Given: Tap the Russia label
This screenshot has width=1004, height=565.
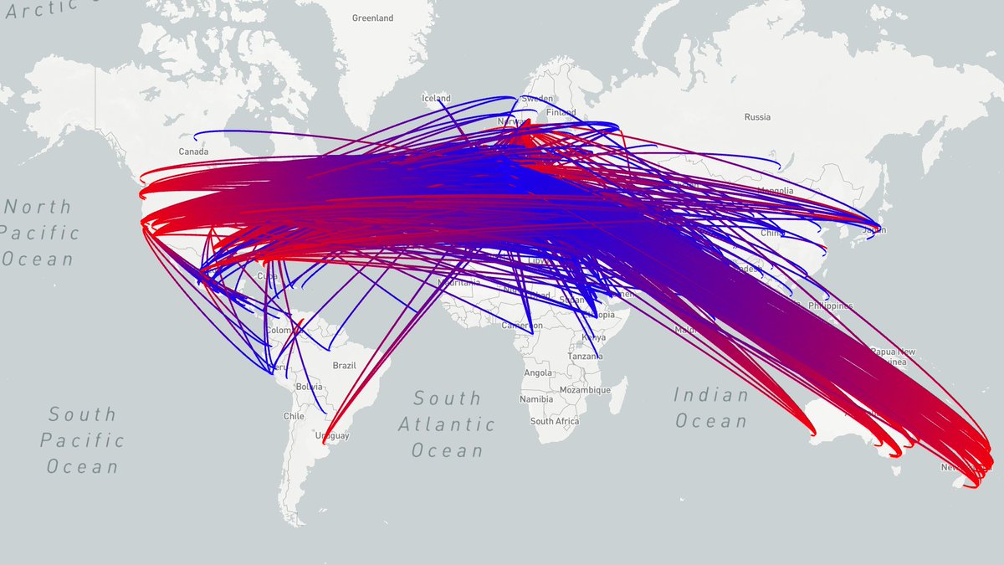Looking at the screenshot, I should click(757, 117).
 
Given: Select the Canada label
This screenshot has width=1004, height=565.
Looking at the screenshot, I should click(193, 152).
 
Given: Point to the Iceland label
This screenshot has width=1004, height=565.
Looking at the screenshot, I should click(435, 98).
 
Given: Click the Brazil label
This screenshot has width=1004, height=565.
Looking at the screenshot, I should click(345, 366).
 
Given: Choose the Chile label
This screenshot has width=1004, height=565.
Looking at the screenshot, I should click(294, 416).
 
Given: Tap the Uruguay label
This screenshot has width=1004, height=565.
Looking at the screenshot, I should click(332, 436).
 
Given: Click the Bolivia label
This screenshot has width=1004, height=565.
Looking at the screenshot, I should click(309, 387).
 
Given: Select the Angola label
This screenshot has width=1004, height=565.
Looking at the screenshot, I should click(538, 373).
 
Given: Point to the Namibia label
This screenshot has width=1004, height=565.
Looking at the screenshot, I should click(535, 400).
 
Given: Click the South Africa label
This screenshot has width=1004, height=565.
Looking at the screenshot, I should click(554, 422).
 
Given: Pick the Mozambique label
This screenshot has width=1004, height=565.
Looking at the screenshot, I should click(586, 390).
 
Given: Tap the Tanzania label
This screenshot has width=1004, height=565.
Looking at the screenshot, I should click(585, 356).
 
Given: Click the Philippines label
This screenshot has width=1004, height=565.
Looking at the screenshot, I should click(830, 307).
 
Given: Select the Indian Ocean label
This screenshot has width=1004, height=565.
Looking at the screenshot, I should click(711, 408).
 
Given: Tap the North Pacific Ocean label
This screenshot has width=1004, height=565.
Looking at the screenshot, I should click(40, 233).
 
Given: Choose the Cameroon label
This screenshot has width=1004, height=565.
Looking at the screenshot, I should click(523, 326).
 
